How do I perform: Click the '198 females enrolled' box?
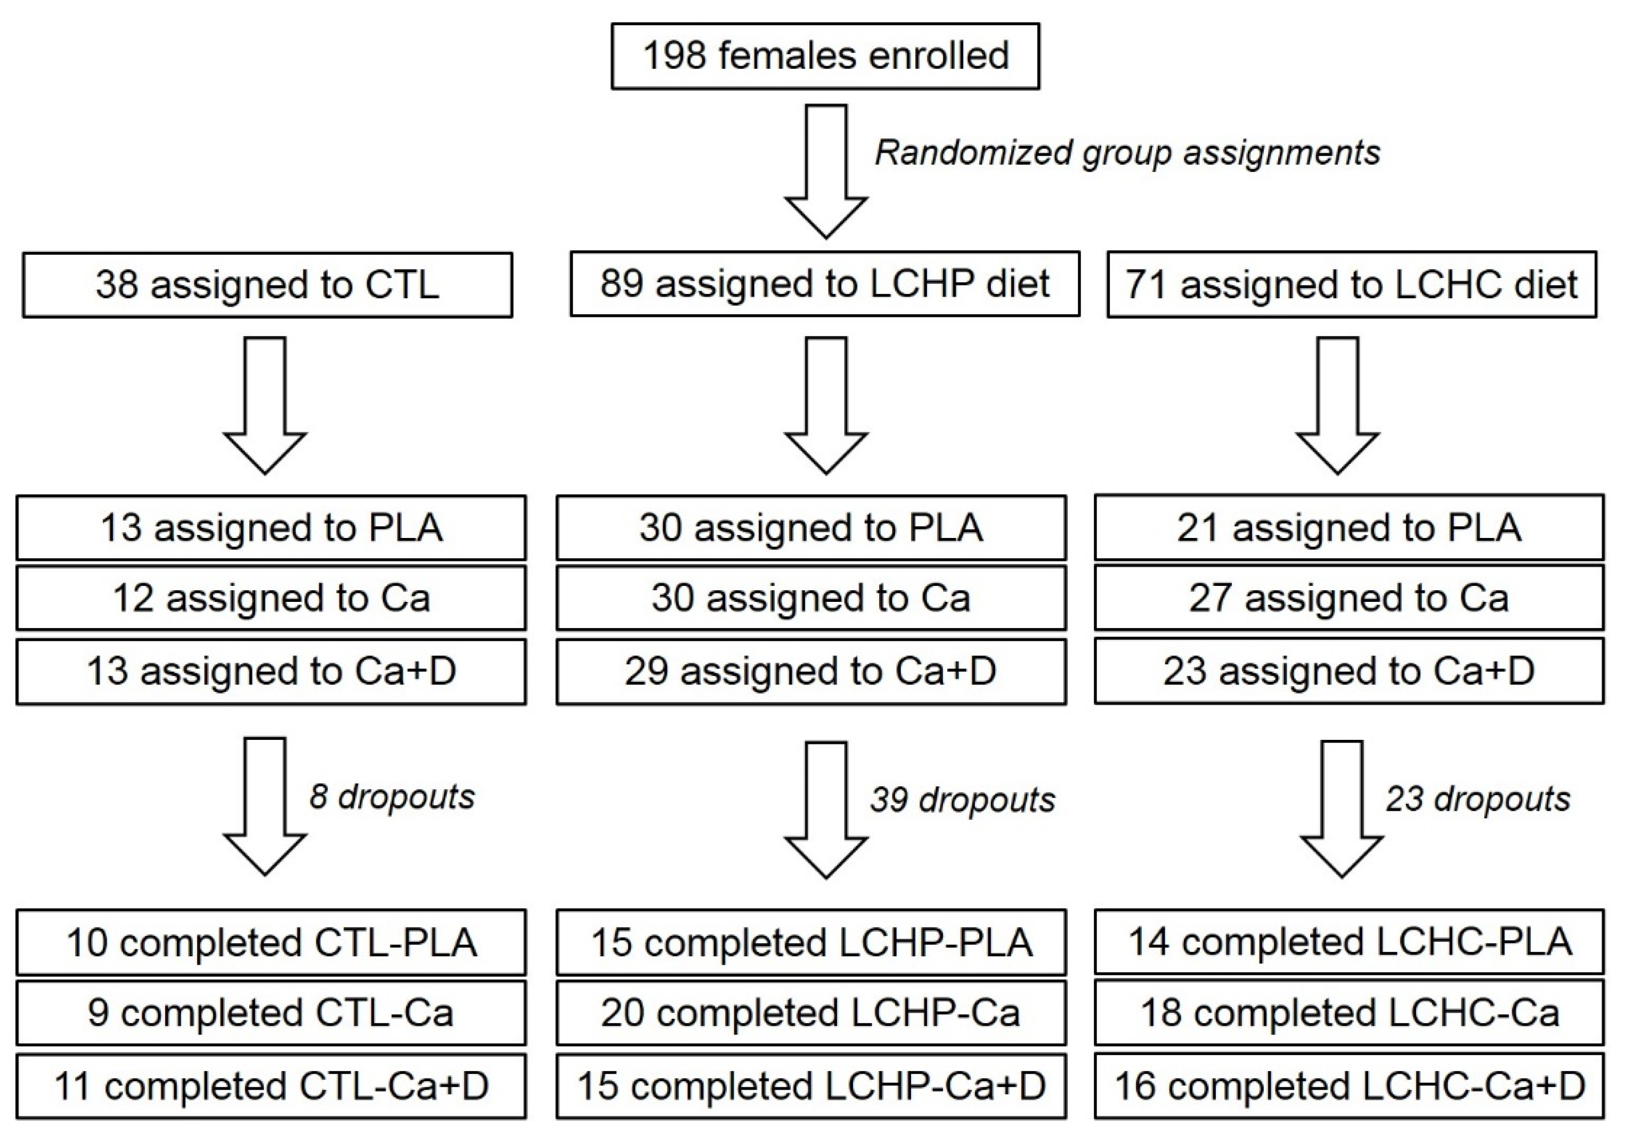point(825,56)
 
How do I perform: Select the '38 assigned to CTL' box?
point(267,284)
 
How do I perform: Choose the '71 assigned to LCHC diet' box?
point(1352,284)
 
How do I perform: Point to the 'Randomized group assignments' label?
point(1127,153)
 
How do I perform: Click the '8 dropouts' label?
point(392,797)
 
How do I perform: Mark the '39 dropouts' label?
point(963,800)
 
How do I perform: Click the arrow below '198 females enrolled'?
point(826,171)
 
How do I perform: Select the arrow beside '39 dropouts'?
point(826,810)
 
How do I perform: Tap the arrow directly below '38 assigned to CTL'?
point(265,405)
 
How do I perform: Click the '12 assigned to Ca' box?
point(271,598)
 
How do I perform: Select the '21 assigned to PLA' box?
point(1349,527)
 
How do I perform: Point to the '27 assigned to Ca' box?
point(1349,597)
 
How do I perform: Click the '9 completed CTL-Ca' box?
point(271,1013)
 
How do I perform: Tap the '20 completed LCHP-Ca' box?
point(811,1013)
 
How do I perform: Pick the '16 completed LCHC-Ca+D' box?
point(1349,1086)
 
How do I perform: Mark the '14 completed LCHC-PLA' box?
point(1349,942)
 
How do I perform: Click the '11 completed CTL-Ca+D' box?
point(271,1086)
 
